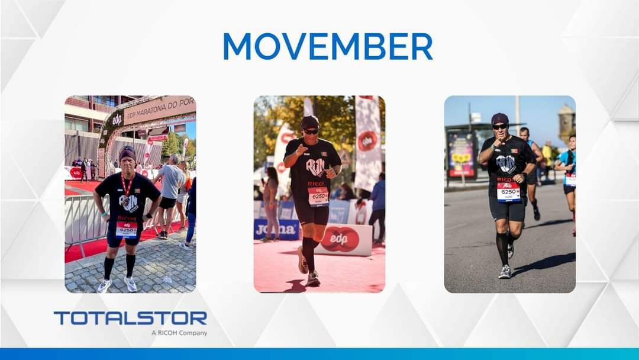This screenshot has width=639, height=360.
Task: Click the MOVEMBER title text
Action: [x=327, y=46]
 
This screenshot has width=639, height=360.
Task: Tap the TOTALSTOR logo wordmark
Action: [x=130, y=319]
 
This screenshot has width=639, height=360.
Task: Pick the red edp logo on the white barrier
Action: [x=340, y=239]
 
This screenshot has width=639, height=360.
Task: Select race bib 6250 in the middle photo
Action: [x=318, y=197]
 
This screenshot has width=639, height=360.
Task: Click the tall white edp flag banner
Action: [x=367, y=142]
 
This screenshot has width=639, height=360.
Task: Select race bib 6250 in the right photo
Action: [x=508, y=192]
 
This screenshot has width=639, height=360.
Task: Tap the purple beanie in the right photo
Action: [x=500, y=118]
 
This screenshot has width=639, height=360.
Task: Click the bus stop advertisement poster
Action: [x=461, y=155]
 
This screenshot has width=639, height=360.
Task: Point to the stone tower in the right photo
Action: [x=567, y=123]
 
